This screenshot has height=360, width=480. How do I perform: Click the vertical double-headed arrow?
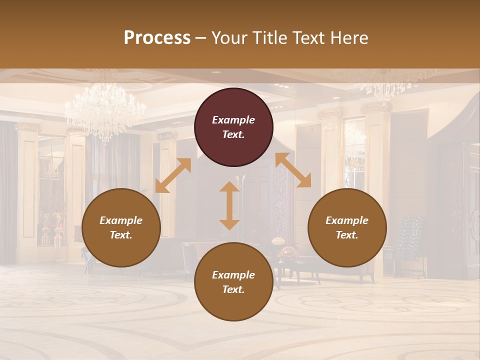coord(229,205)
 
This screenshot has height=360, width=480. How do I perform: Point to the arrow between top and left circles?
coord(173,175)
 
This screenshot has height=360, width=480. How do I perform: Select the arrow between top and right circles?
coord(293,170)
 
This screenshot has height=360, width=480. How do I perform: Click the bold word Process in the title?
coord(157,38)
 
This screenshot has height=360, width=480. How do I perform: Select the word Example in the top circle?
coord(233,120)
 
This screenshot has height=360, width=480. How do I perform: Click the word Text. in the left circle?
coord(121,235)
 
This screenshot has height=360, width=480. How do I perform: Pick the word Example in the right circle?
coord(347,220)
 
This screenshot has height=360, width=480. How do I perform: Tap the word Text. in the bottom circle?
coord(233,289)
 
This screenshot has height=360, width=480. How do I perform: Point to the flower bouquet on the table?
coord(288,253)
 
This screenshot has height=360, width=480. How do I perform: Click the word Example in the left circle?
coord(121,220)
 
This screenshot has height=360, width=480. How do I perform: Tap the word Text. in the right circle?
coord(347,235)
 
